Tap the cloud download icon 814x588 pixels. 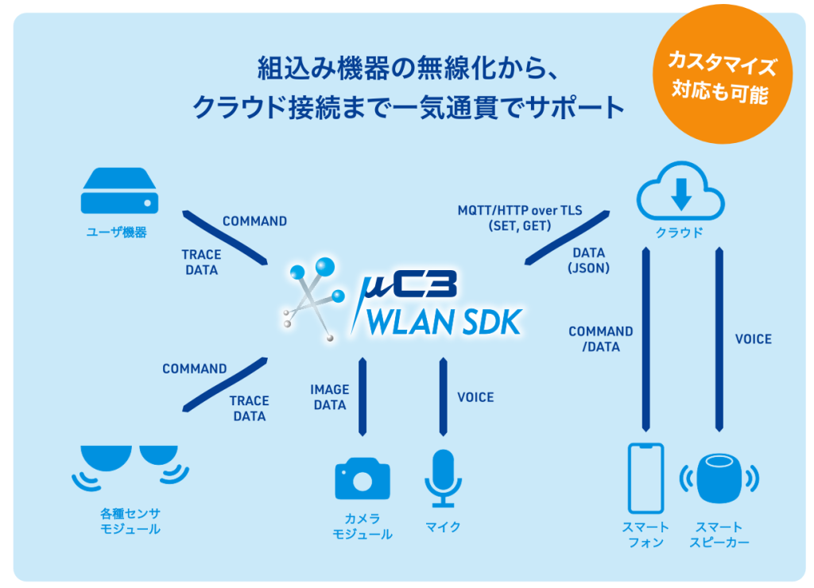coord(680,194)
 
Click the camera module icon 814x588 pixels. coord(362,478)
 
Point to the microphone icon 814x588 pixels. coord(443,478)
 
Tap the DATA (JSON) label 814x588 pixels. coord(588,261)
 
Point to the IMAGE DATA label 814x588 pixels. coord(330,397)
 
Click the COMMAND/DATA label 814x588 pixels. coord(601,338)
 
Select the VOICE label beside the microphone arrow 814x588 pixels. coord(475,397)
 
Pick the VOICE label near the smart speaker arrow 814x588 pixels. coord(753,339)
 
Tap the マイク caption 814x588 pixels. coord(443,527)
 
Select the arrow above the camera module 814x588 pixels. coord(362,397)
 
